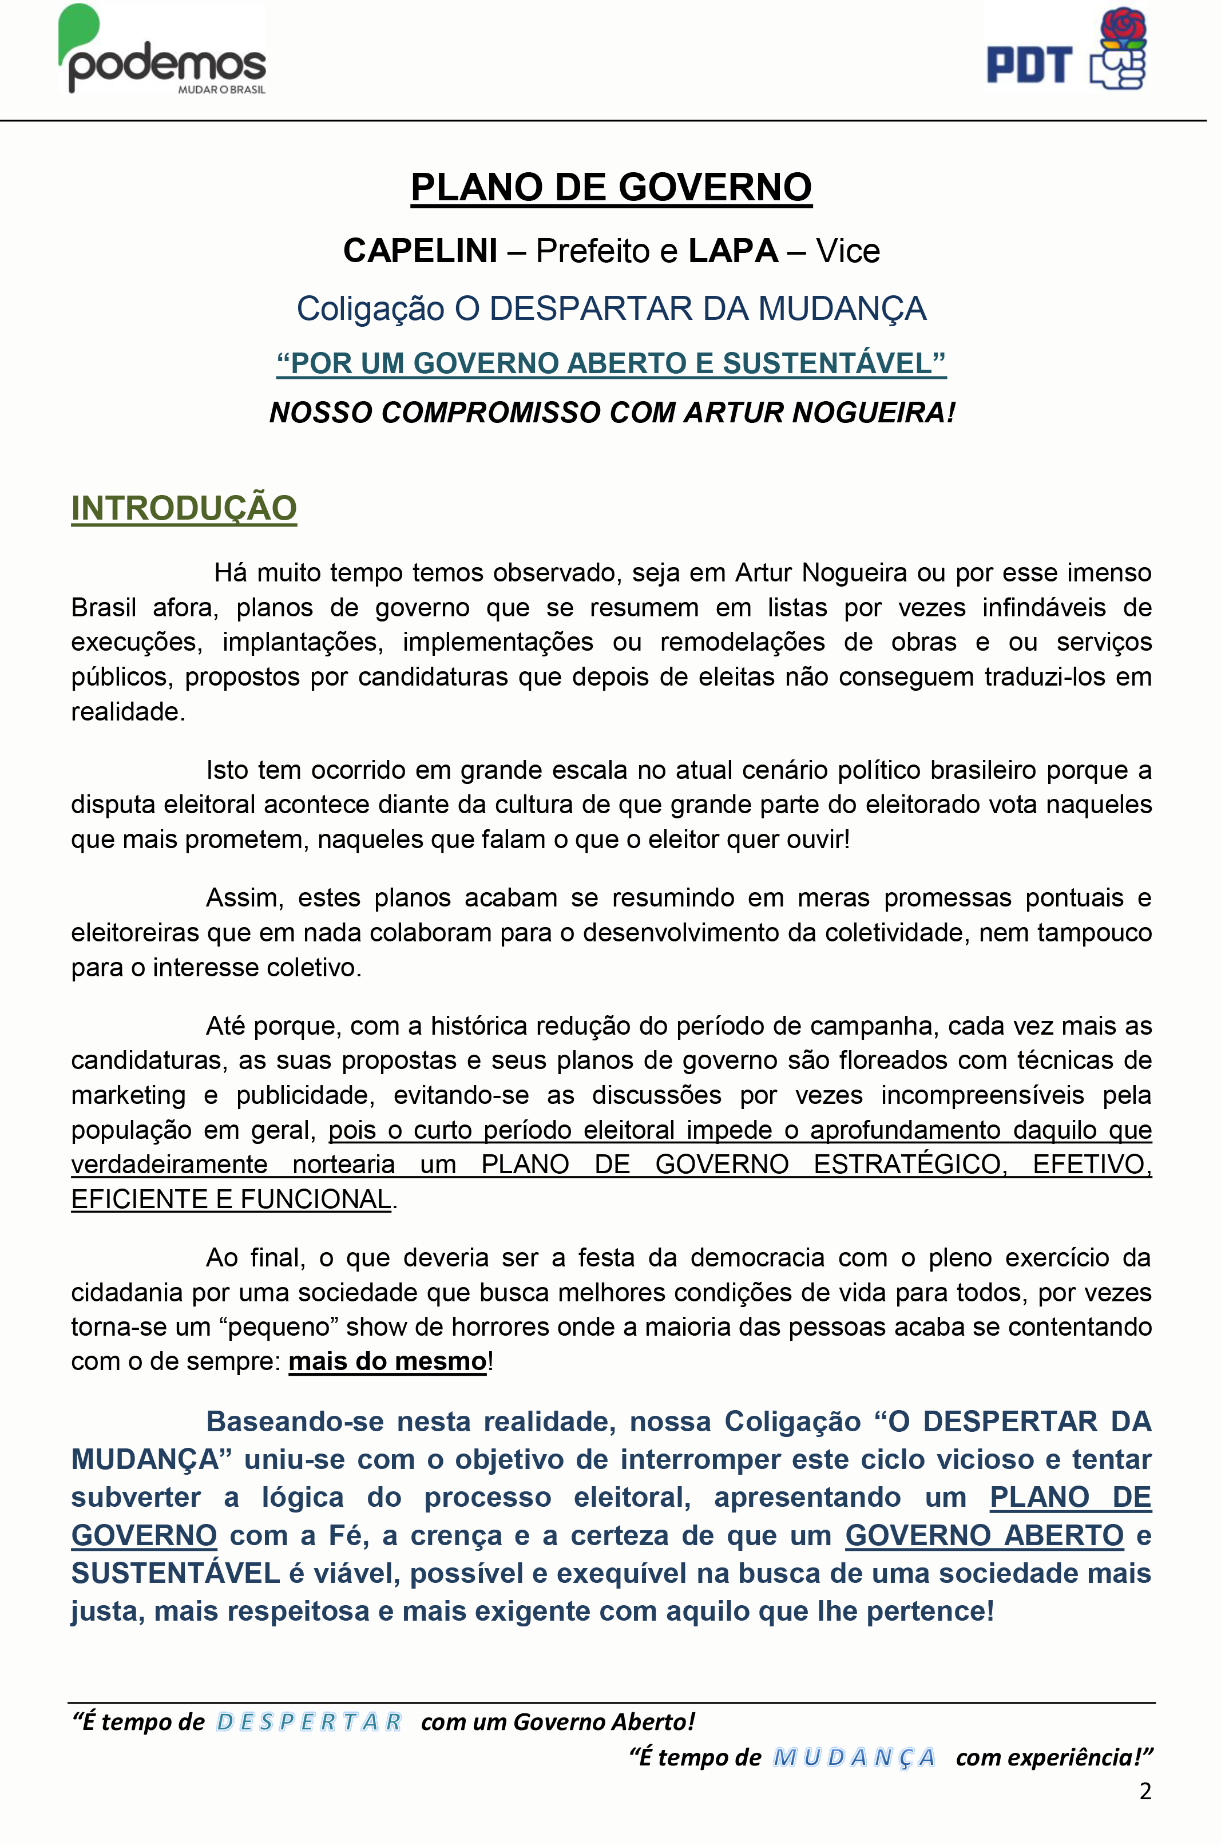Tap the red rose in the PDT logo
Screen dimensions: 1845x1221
pyautogui.click(x=1122, y=26)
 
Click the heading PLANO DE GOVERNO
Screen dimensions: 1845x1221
pyautogui.click(x=611, y=188)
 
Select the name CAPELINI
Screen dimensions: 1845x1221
pyautogui.click(x=420, y=251)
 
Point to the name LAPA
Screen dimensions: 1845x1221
pyautogui.click(x=733, y=251)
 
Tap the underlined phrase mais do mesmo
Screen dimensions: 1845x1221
pyautogui.click(x=387, y=1361)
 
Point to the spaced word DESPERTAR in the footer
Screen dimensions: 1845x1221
pyautogui.click(x=308, y=1722)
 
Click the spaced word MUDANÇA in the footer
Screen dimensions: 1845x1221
pyautogui.click(x=854, y=1758)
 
